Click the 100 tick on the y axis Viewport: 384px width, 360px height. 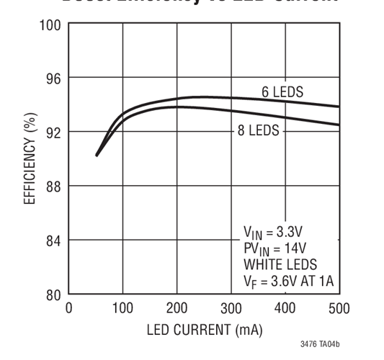(52, 24)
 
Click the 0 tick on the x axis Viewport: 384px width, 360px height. (69, 309)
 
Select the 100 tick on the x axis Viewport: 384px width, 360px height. (122, 309)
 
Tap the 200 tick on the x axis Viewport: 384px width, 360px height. (177, 309)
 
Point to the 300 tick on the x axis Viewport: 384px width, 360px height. (231, 309)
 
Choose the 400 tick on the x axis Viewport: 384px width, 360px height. (285, 309)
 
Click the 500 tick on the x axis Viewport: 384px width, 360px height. (339, 309)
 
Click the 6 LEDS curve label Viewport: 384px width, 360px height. (282, 92)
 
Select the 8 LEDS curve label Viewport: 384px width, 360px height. (258, 131)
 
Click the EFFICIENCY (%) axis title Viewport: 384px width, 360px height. (30, 159)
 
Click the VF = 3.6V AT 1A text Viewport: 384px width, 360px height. (286, 280)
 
